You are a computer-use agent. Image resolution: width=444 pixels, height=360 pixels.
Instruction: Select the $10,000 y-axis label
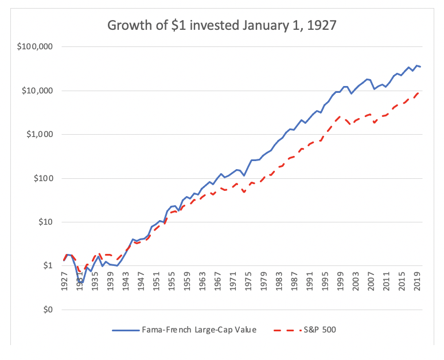(x=36, y=91)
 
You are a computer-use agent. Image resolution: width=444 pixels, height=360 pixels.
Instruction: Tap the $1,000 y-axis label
(x=38, y=134)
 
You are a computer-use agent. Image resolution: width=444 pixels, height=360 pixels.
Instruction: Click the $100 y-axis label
(x=41, y=178)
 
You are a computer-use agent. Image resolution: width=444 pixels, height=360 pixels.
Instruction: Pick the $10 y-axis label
(x=43, y=222)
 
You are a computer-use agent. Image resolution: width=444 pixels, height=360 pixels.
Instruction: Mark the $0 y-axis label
(x=46, y=310)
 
